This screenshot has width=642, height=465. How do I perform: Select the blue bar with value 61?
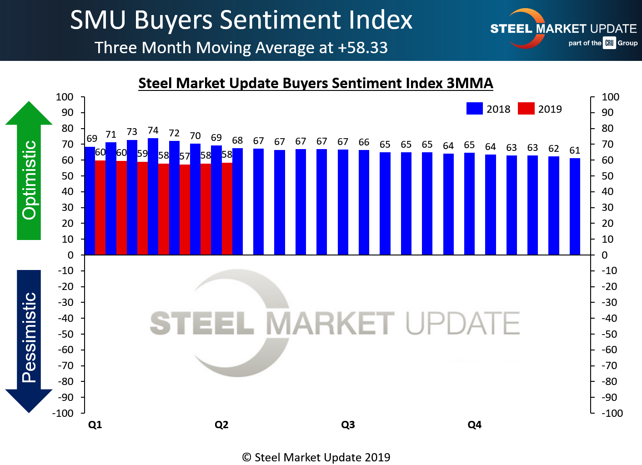[575, 206]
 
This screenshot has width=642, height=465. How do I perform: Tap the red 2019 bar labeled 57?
[185, 209]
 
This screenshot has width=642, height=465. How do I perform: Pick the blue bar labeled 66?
[364, 202]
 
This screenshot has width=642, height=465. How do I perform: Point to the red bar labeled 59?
[142, 208]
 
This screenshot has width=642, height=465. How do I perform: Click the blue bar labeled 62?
[553, 205]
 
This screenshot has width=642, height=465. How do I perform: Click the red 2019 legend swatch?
[526, 109]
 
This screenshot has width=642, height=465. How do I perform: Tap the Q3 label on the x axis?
[348, 425]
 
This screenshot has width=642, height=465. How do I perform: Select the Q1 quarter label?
[95, 425]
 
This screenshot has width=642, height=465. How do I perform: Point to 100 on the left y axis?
[65, 97]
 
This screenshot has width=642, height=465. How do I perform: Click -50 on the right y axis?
[609, 334]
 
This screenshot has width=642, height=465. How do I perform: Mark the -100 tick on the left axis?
[63, 413]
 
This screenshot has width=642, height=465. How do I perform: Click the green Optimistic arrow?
[29, 173]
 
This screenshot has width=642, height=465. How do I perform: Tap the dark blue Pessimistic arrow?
[29, 341]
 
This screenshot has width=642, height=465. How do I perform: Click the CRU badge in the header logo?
[609, 43]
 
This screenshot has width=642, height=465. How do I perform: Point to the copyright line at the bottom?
[316, 457]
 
